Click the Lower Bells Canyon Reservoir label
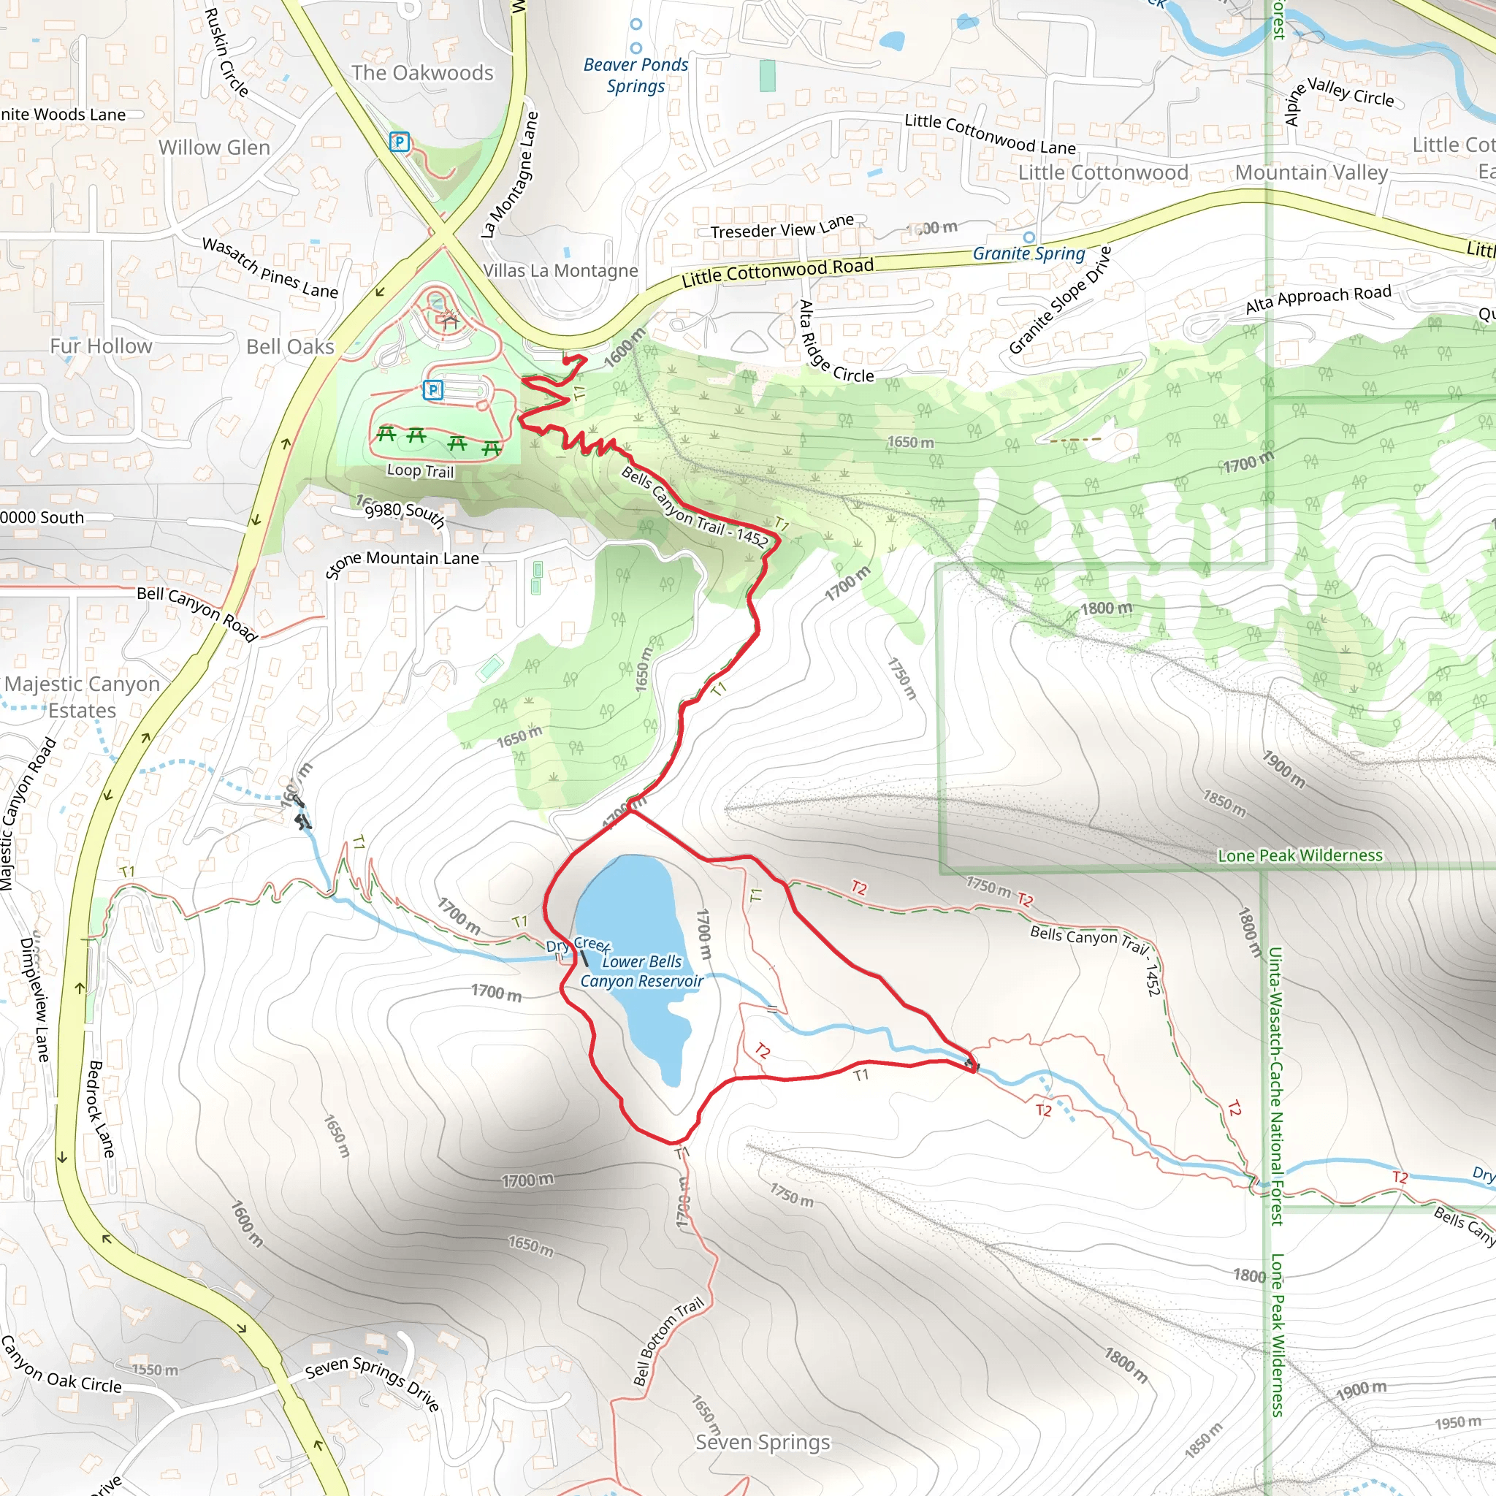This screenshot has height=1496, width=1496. pos(642,971)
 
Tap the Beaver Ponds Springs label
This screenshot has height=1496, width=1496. pos(636,75)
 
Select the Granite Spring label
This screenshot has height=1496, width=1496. pos(1028,253)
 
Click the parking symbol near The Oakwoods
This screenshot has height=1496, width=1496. pos(399,142)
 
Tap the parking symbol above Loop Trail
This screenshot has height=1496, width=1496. pos(433,390)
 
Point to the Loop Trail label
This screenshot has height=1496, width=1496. pos(420,471)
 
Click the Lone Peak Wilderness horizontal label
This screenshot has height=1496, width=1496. pos(1300,855)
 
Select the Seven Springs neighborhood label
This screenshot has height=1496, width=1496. pos(762,1442)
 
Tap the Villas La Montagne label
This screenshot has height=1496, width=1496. pos(560,270)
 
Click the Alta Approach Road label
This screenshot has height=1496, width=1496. pos(1318,299)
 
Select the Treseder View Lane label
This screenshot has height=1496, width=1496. pos(782,227)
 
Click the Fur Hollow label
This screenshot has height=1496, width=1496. pos(102,346)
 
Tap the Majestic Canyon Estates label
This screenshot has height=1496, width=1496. pos(82,697)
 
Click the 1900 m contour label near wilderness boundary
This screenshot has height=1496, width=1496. pos(1284,769)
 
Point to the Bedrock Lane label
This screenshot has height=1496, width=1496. pos(102,1109)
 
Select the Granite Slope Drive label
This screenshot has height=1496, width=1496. pos(1059,300)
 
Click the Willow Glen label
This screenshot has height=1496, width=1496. pos(215,147)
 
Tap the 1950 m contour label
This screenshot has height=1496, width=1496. pos(1457,1422)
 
